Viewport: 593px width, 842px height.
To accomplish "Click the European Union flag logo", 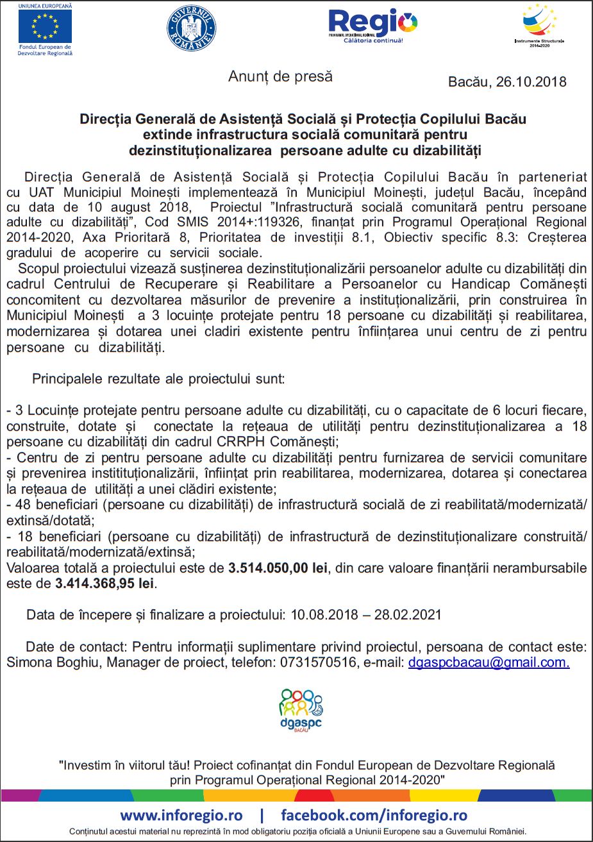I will (x=45, y=26).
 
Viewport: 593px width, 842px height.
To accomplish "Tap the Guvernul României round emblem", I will (x=192, y=28).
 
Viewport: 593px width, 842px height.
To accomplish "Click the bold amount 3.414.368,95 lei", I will (x=104, y=584).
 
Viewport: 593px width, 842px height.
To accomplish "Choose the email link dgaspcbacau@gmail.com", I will (x=489, y=662).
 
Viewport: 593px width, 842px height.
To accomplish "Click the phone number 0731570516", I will (x=318, y=662).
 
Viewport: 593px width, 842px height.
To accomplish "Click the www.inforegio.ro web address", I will (x=181, y=816).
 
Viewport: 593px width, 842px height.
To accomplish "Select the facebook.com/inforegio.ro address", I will (x=374, y=816).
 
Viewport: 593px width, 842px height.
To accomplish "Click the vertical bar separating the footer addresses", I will (x=262, y=816).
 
